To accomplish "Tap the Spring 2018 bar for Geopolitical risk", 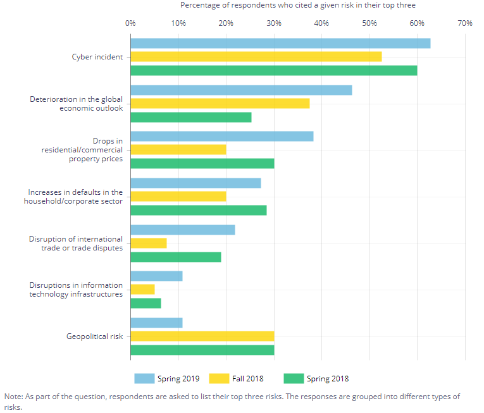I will [x=202, y=350].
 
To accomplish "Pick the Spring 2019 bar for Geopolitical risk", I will [x=156, y=323].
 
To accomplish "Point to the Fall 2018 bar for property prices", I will [x=178, y=149].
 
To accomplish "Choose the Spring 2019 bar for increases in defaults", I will [x=195, y=183].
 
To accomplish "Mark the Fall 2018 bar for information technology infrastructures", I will [x=142, y=289].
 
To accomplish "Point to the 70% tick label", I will [x=464, y=23].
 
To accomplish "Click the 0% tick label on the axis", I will [x=130, y=23].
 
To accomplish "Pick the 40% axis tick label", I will [x=321, y=23].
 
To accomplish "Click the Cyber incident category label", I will [x=97, y=57].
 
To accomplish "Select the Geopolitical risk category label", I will [x=94, y=336].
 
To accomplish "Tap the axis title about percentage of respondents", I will [x=298, y=5].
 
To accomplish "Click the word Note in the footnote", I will [x=13, y=397].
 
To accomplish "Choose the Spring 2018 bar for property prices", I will [x=202, y=163].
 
